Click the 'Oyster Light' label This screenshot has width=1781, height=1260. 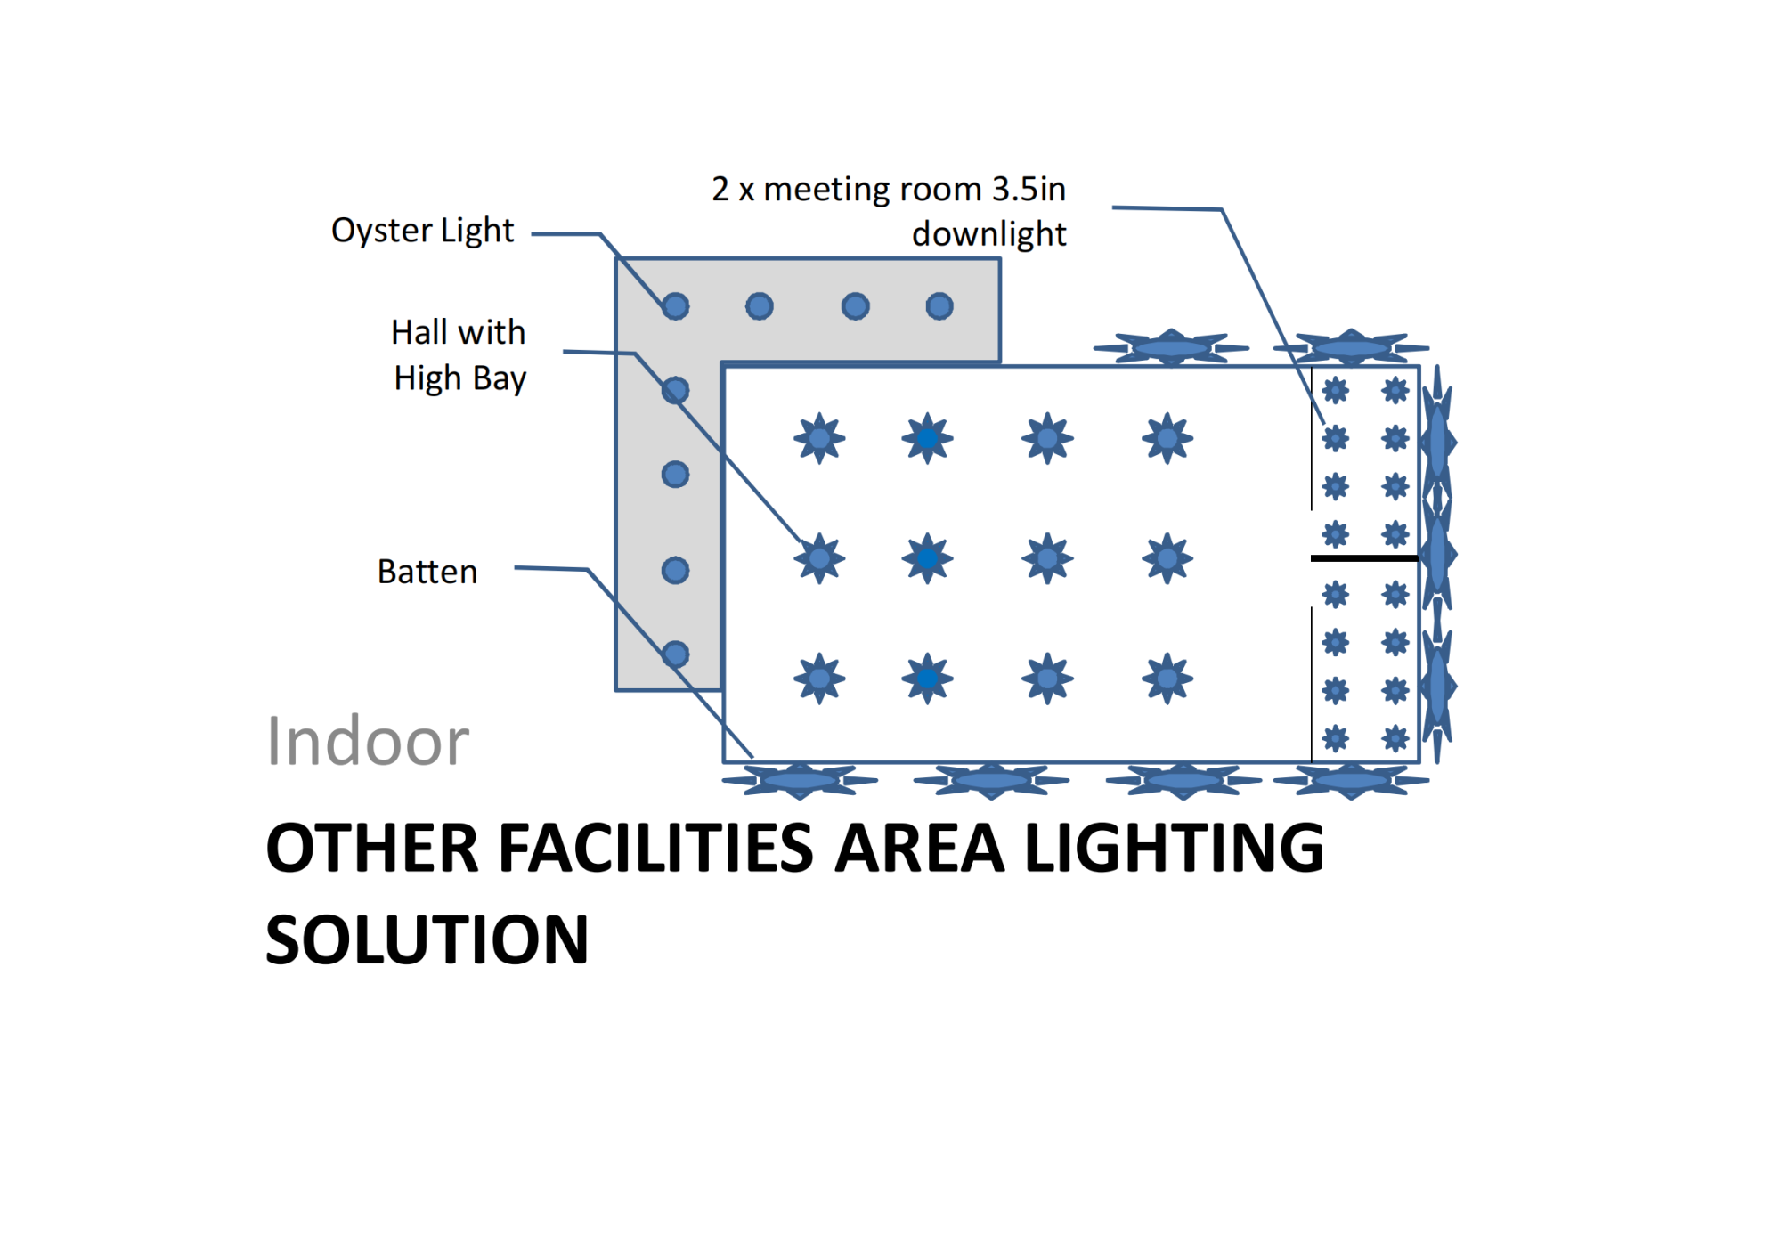[422, 231]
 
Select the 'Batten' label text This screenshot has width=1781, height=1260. [427, 572]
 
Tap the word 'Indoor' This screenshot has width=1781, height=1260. [368, 741]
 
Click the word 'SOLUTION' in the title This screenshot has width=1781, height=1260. [427, 940]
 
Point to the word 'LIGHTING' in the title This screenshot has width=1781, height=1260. [1174, 848]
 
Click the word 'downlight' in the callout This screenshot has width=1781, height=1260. [988, 234]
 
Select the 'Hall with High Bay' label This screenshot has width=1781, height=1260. [459, 355]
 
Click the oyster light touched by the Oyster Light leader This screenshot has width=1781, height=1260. [676, 306]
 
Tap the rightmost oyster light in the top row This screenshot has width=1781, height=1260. [939, 306]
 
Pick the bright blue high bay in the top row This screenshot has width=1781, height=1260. [927, 438]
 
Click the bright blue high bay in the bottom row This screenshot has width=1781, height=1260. [927, 679]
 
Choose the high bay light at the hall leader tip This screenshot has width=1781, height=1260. [819, 558]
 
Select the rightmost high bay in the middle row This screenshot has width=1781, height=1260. [1167, 558]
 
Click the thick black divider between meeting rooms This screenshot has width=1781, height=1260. [1364, 558]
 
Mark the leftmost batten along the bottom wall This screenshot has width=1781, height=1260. [800, 781]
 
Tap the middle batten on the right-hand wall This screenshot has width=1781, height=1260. [1437, 554]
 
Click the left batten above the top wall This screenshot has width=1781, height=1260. [1171, 347]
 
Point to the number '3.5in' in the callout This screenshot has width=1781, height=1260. [1029, 189]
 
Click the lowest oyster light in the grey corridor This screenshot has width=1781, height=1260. [676, 654]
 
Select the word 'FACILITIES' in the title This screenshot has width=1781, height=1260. [655, 848]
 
